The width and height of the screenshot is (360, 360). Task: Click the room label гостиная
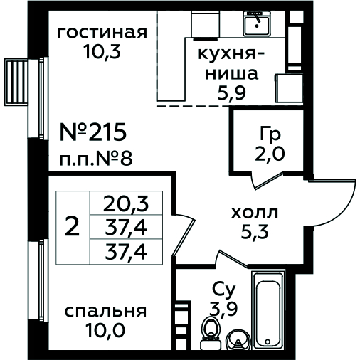pos(102,33)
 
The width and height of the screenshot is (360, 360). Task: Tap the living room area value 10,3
pos(102,51)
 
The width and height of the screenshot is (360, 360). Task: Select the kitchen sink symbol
pos(257,23)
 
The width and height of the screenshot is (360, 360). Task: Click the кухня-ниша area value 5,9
pos(231,92)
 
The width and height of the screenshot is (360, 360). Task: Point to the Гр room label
pos(270,134)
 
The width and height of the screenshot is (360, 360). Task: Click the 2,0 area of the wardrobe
pos(270,154)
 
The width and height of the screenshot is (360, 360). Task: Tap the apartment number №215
pos(93,132)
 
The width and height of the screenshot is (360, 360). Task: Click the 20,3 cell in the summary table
pos(126,203)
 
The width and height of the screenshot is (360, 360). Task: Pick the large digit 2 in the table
pos(72,227)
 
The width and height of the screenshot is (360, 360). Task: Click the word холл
pos(254,213)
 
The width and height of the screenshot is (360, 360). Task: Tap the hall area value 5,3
pos(255,231)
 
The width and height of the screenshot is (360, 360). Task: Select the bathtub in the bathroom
pos(268,309)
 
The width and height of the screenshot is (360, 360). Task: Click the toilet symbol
pos(210,333)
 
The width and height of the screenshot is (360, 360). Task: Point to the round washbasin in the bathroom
pos(238,340)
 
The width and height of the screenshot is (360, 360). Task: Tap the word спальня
pos(105,312)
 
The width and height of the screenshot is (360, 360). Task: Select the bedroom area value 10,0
pos(105,330)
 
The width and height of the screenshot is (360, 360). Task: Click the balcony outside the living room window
pos(16,82)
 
